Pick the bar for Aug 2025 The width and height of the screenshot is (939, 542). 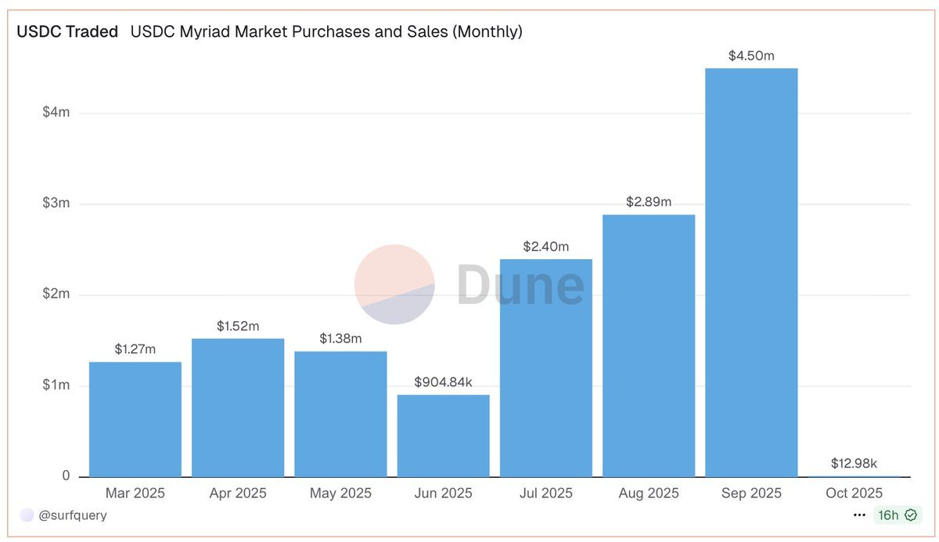click(649, 345)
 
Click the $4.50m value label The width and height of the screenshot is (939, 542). click(751, 56)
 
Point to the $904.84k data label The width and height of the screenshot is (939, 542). click(443, 382)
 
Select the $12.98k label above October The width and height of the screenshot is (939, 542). click(854, 464)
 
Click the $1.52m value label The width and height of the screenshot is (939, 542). click(238, 326)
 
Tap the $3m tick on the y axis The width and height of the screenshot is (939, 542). click(56, 204)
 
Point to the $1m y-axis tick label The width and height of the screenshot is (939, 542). click(56, 385)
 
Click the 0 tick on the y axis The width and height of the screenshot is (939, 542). click(66, 476)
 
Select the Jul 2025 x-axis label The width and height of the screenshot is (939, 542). click(546, 493)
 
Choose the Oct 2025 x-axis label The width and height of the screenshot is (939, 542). click(854, 493)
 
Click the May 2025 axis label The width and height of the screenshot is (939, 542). click(340, 493)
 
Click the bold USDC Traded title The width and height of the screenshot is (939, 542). click(67, 32)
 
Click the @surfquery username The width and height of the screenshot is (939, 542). click(72, 515)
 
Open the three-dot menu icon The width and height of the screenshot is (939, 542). click(860, 515)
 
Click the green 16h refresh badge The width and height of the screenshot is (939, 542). click(897, 515)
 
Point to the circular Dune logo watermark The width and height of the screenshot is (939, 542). click(394, 284)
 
